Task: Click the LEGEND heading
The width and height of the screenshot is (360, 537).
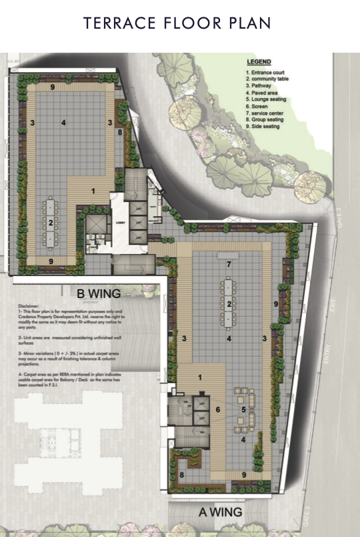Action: (258, 61)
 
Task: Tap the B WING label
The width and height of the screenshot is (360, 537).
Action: (98, 293)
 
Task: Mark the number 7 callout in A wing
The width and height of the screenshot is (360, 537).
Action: (229, 265)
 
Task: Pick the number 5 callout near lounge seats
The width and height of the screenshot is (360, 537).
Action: (243, 409)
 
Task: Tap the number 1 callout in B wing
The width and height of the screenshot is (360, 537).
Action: (93, 191)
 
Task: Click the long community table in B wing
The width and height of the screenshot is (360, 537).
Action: (51, 221)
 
